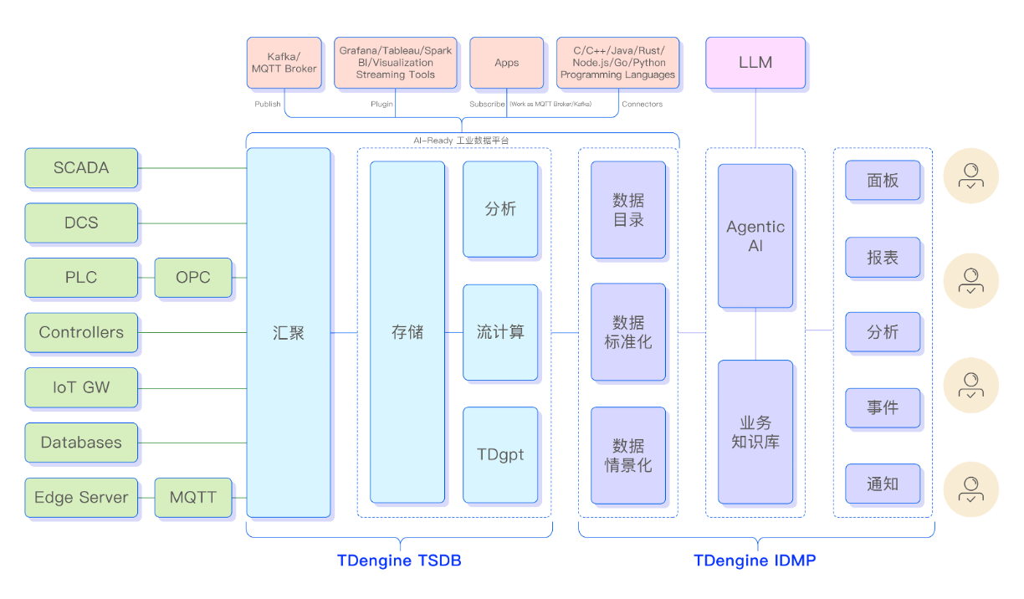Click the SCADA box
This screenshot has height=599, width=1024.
pyautogui.click(x=81, y=168)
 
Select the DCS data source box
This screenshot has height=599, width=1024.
pyautogui.click(x=81, y=223)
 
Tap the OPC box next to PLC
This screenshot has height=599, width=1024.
pyautogui.click(x=192, y=278)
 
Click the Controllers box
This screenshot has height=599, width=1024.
pyautogui.click(x=81, y=332)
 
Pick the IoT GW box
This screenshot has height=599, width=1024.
pyautogui.click(x=81, y=387)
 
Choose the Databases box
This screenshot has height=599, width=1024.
pyautogui.click(x=81, y=443)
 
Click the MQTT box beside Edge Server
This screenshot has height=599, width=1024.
pyautogui.click(x=192, y=498)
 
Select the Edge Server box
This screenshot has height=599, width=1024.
pyautogui.click(x=81, y=498)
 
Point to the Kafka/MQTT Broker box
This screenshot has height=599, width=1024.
pyautogui.click(x=284, y=62)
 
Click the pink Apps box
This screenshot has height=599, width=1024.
pyautogui.click(x=506, y=63)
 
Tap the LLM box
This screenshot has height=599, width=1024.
pyautogui.click(x=755, y=63)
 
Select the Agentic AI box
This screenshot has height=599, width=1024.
pyautogui.click(x=755, y=237)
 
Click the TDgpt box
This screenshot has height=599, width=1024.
pyautogui.click(x=500, y=455)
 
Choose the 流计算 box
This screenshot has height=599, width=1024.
pyautogui.click(x=500, y=332)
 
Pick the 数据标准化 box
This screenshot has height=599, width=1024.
pyautogui.click(x=628, y=332)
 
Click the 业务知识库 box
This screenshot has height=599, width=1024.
pyautogui.click(x=755, y=432)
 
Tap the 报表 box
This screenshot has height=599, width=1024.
pyautogui.click(x=883, y=258)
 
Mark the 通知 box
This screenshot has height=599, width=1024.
pyautogui.click(x=883, y=484)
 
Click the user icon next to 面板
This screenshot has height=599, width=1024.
pyautogui.click(x=970, y=177)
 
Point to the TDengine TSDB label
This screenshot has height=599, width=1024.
pyautogui.click(x=399, y=561)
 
